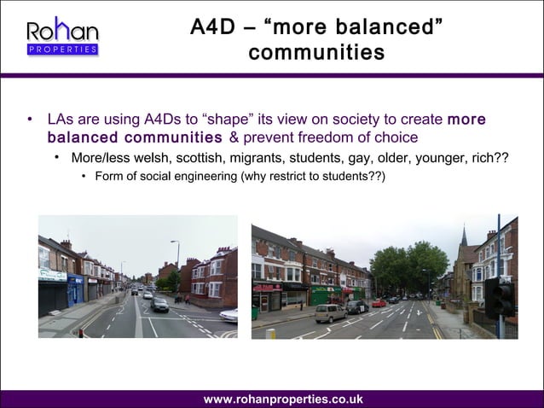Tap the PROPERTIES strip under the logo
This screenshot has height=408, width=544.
62,50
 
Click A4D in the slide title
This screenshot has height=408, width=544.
211,26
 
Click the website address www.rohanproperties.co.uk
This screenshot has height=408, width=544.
282,399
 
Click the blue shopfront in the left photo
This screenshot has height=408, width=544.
76,288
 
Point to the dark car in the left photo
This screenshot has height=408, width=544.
159,305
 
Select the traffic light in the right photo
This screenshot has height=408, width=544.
499,296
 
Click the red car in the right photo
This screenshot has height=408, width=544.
379,302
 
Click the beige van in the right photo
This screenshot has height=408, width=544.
331,312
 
